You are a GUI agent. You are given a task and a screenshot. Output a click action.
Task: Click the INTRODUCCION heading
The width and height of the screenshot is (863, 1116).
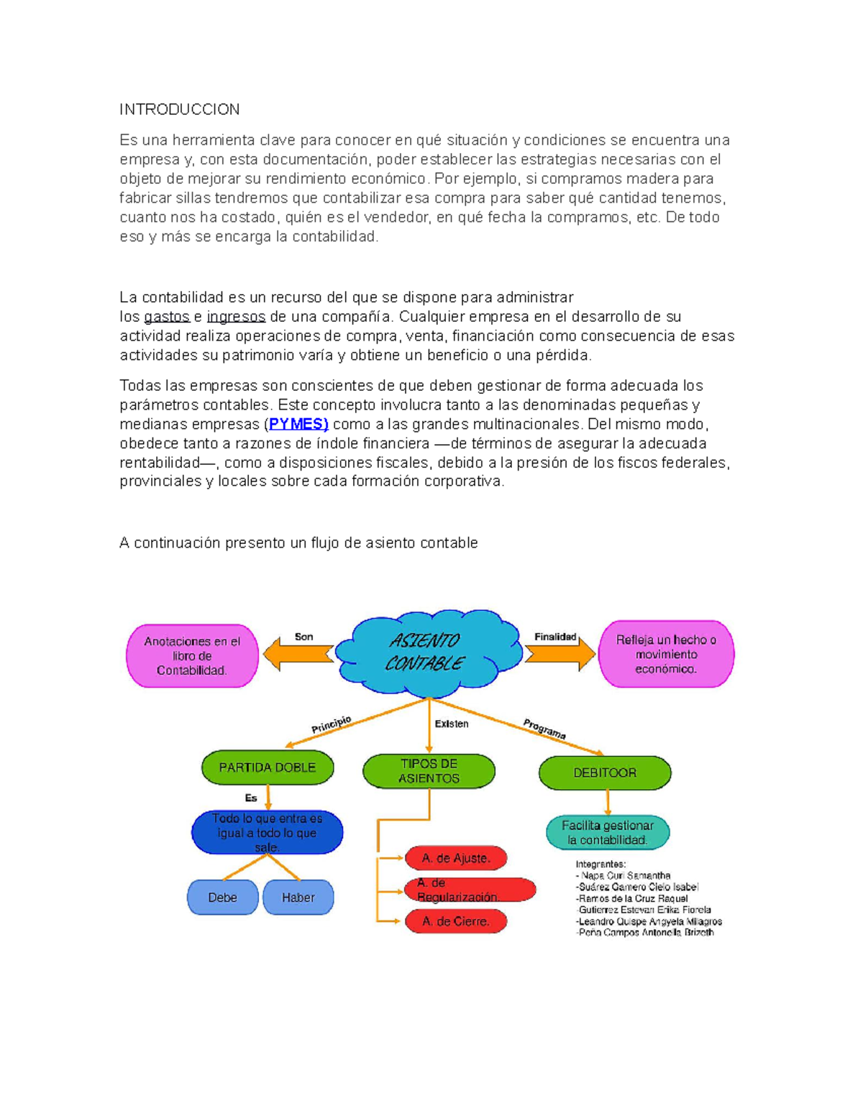pos(179,109)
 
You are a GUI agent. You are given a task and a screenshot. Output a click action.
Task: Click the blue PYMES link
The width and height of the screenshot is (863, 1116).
pos(298,424)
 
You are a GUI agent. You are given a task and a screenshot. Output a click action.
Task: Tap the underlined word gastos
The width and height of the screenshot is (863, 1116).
pos(167,317)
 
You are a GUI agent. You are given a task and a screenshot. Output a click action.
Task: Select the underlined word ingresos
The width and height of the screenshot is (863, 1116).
pos(236,317)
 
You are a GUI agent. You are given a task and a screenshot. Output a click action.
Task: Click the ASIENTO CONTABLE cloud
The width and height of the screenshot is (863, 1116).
pos(427,652)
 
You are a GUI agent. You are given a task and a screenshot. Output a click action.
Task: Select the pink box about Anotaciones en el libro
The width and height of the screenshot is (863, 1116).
pos(192,656)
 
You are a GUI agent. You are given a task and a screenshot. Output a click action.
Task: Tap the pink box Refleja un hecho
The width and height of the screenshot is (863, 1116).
pos(666,655)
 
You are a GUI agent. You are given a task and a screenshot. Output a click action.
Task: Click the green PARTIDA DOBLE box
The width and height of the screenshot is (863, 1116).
pos(268,767)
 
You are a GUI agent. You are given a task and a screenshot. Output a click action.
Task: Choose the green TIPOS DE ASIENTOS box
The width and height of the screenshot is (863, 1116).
pos(429,771)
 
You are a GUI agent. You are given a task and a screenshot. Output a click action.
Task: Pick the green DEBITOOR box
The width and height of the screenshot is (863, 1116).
pos(605,773)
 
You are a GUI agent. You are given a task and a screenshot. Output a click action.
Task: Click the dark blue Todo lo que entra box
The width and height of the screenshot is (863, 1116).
pos(267,833)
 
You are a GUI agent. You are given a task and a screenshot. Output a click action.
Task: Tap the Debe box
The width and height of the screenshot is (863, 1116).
pos(223,898)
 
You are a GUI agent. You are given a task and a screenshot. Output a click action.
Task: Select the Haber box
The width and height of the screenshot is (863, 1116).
pos(298,898)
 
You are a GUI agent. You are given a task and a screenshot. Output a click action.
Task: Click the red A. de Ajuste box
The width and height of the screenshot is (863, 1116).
pos(456,858)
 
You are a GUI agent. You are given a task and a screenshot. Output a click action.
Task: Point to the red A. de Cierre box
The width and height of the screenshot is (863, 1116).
pos(456,921)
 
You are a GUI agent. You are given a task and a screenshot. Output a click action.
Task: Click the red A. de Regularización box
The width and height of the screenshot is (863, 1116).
pos(470,890)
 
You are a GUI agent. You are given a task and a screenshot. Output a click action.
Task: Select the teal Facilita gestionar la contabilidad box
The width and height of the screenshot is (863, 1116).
pos(608,833)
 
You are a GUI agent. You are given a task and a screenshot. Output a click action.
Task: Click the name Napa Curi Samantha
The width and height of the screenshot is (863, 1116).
pos(625,876)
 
